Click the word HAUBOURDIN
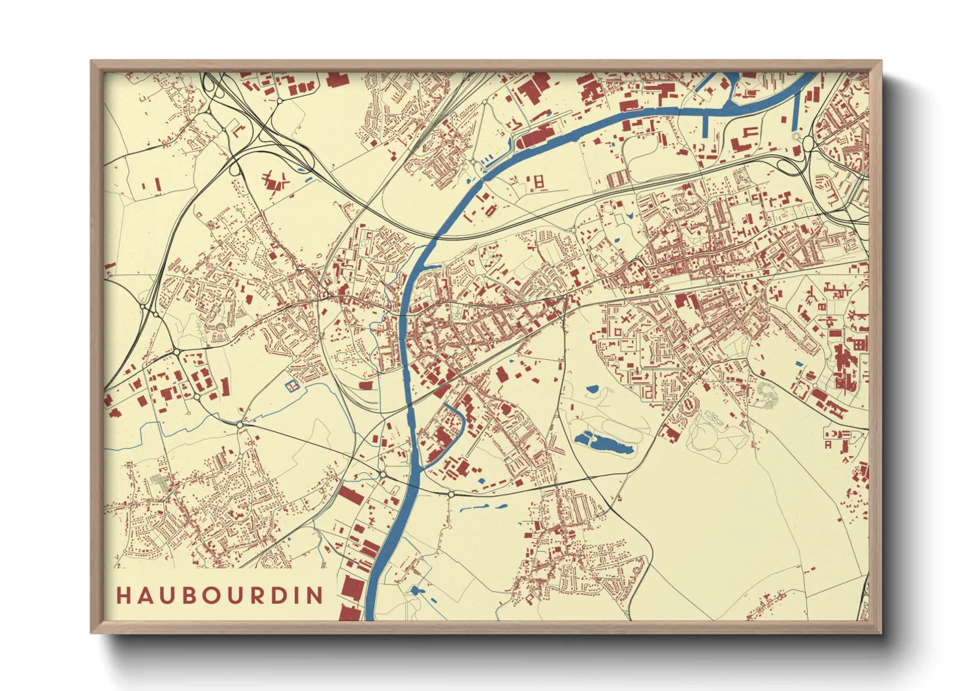coord(220,595)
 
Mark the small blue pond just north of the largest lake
coord(593,389)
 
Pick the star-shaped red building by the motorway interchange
coord(275,181)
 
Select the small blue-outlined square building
coord(292,386)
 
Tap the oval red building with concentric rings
coord(689,406)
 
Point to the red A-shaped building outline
coord(828,444)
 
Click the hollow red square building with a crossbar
coord(539,182)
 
